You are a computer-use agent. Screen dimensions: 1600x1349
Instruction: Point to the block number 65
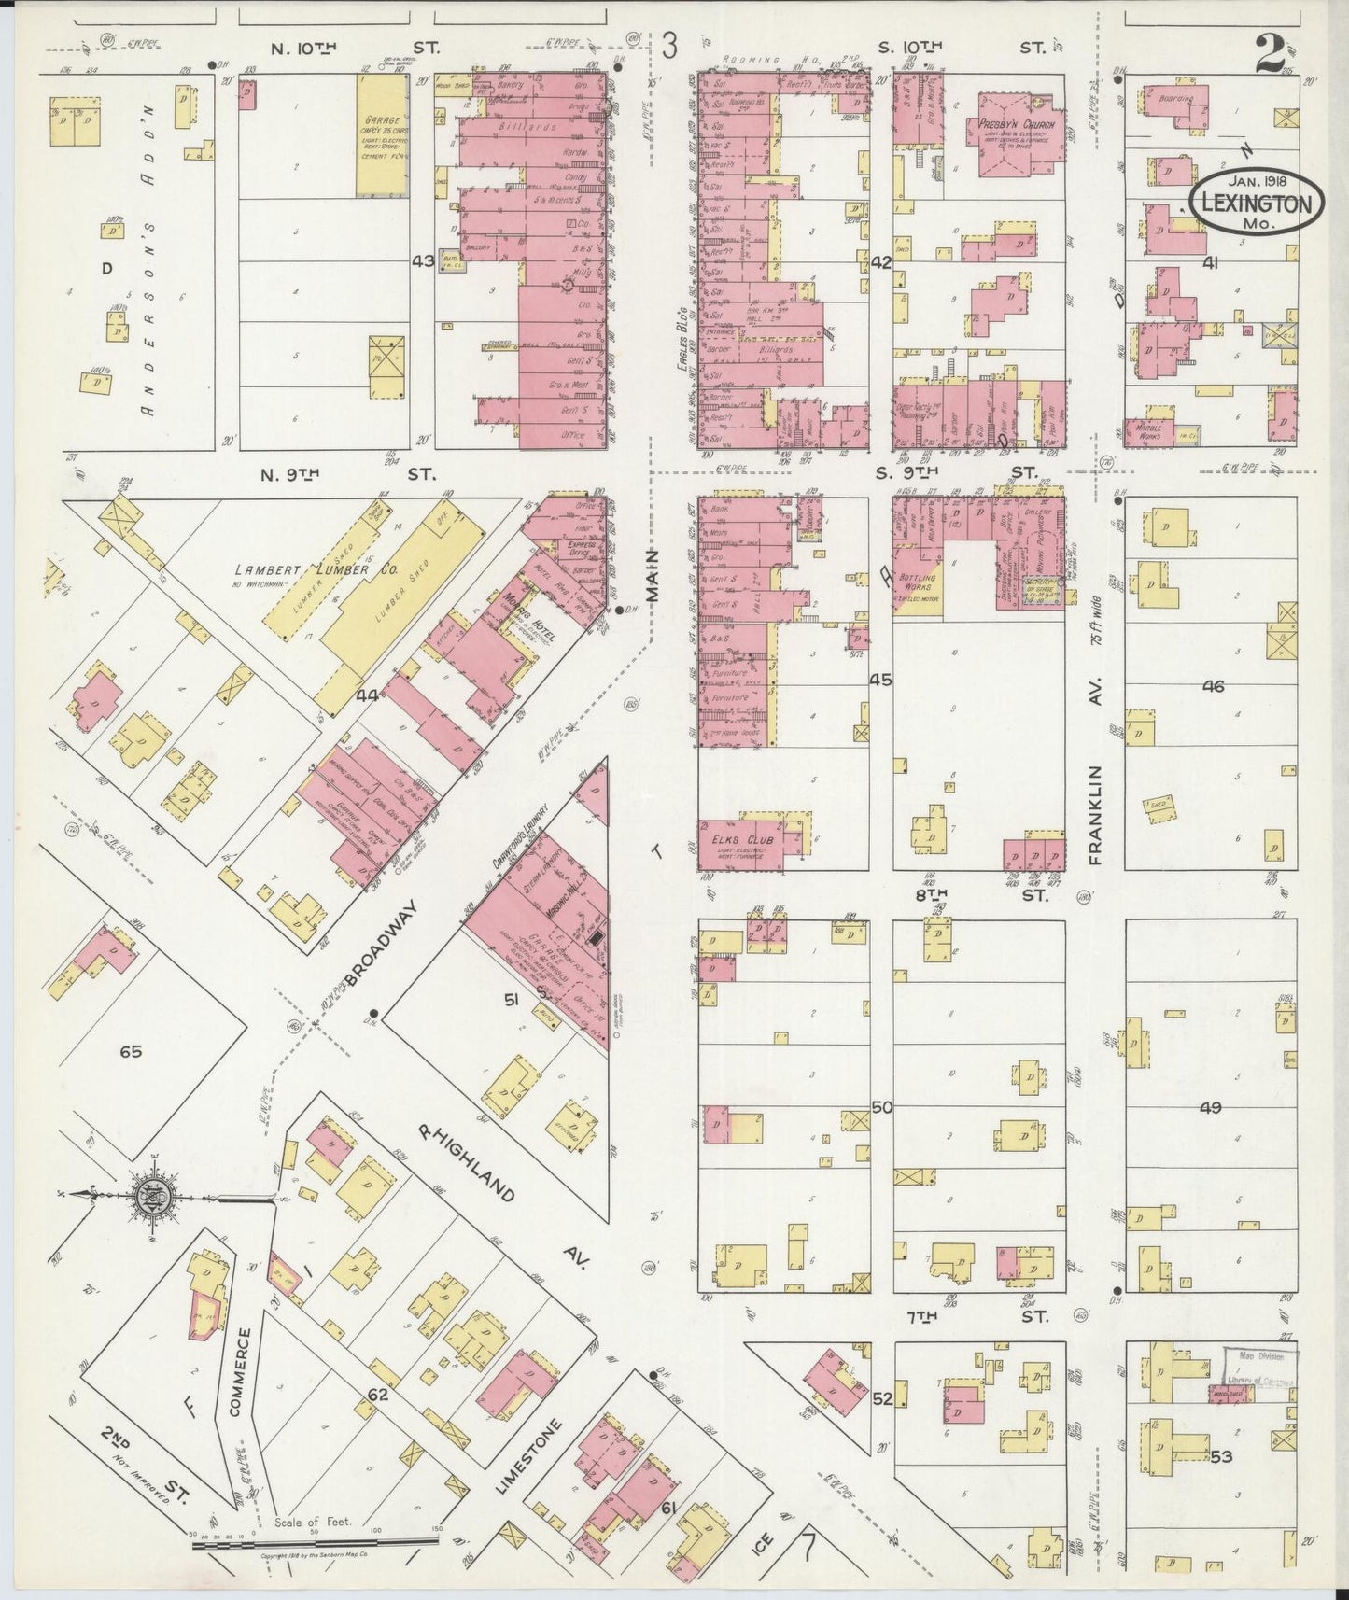(x=130, y=1051)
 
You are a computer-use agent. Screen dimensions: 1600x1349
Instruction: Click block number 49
(x=1211, y=1108)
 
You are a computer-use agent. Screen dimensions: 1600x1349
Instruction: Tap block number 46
(x=1213, y=686)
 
